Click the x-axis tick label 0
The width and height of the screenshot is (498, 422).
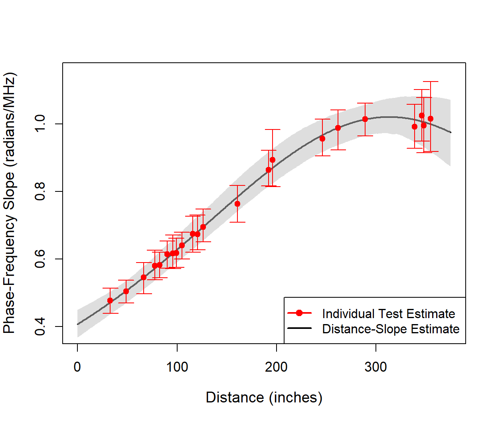pos(77,367)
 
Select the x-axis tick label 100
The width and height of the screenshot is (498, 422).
pos(177,367)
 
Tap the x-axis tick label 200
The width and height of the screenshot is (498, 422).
pos(276,367)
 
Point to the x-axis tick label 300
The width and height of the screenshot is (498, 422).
pos(375,367)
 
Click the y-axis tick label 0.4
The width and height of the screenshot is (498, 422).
pos(40,326)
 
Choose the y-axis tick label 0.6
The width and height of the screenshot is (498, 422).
pos(40,259)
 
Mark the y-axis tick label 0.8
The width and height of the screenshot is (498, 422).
pos(40,191)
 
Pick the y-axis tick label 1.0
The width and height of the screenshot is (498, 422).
pos(40,124)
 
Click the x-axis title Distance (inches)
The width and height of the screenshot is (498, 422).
pos(264,398)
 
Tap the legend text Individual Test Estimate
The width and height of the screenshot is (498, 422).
pos(388,314)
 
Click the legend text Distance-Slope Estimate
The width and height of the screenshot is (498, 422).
pos(391,329)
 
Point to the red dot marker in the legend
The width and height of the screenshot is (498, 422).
pos(299,313)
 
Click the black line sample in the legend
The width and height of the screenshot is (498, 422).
pos(299,328)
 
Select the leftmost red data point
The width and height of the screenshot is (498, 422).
pos(110,301)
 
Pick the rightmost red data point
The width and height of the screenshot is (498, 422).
pos(431,119)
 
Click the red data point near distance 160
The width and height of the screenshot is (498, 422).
pos(237,204)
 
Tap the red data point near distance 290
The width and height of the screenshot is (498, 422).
pos(365,119)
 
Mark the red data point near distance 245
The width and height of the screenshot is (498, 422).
pos(322,139)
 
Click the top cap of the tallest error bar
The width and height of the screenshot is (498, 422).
pos(431,82)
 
